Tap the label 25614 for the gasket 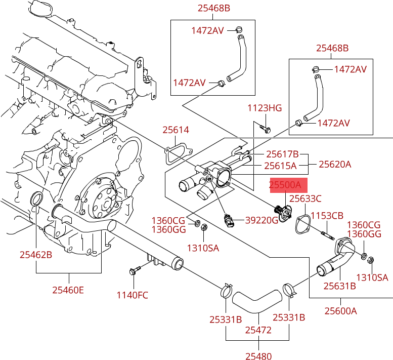coord(176,130)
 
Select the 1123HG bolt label coord(264,108)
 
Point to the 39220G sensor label coord(262,220)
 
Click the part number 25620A coord(334,165)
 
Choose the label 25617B coord(282,154)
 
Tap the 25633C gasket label coord(305,198)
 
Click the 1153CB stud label coord(327,216)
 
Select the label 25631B coord(339,286)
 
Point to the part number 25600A coord(340,311)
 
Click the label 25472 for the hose coord(258,330)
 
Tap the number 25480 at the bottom coord(258,356)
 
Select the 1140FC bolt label coord(133,295)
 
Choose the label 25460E coord(68,290)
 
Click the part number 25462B coord(36,255)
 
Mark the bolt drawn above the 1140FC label coord(134,271)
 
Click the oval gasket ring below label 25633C coord(302,224)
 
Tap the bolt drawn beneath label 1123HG coord(265,127)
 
